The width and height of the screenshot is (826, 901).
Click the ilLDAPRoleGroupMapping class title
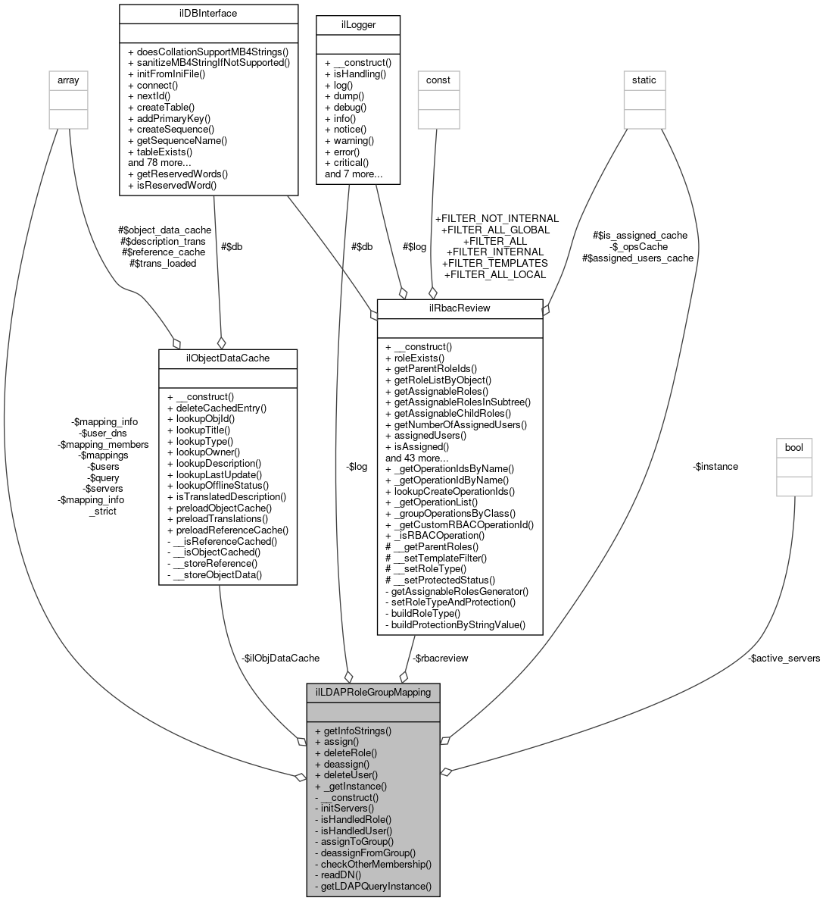pyautogui.click(x=373, y=692)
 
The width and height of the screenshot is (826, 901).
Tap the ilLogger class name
pyautogui.click(x=357, y=25)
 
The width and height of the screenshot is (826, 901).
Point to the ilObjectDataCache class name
pyautogui.click(x=227, y=358)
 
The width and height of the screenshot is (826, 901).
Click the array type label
pyautogui.click(x=68, y=80)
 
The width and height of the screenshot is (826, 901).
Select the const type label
pyautogui.click(x=438, y=80)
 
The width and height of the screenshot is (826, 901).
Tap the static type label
pyautogui.click(x=644, y=80)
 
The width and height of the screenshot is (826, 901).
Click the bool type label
pyautogui.click(x=793, y=447)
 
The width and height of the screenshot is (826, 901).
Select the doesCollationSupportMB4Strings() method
pyautogui.click(x=208, y=52)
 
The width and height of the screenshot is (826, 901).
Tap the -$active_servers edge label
pyautogui.click(x=784, y=658)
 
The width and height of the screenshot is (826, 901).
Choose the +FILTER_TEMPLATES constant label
pyautogui.click(x=494, y=263)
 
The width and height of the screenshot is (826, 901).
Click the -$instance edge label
pyautogui.click(x=715, y=467)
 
